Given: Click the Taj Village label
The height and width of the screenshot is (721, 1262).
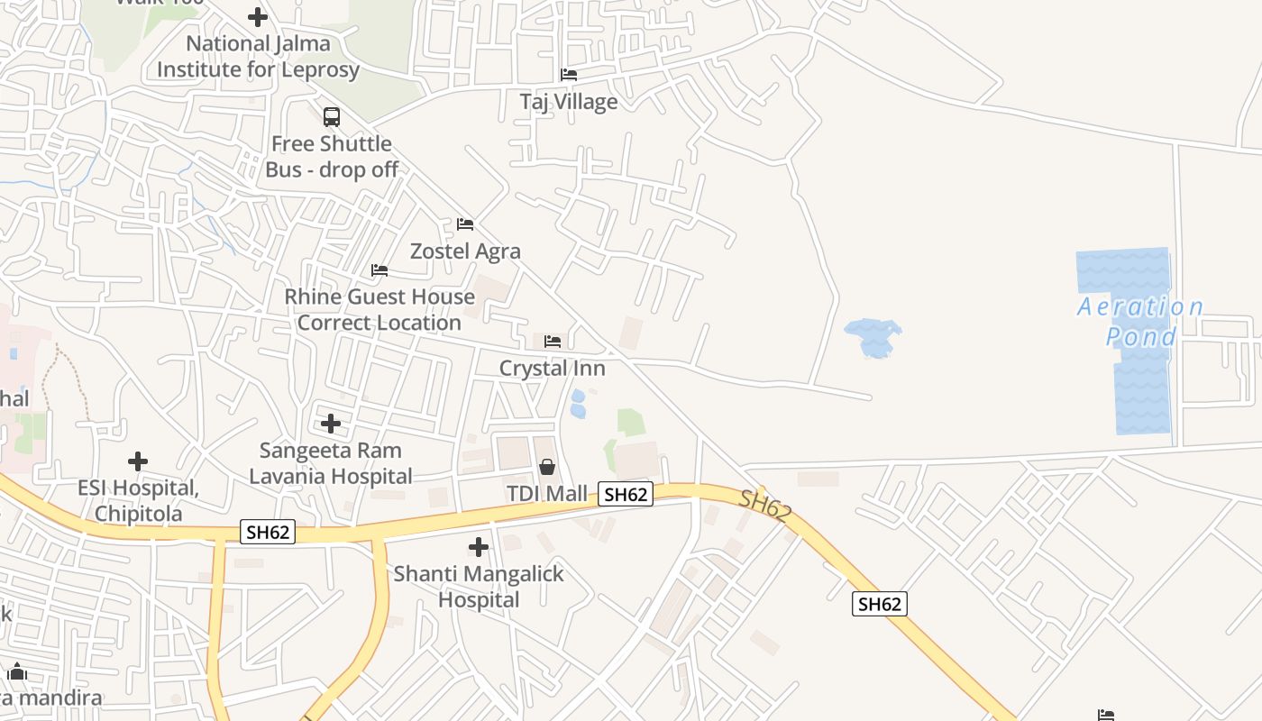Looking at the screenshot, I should [569, 102].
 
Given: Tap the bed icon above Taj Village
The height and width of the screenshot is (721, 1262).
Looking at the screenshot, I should [569, 75].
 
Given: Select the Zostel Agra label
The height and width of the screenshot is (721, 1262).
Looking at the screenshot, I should [465, 251].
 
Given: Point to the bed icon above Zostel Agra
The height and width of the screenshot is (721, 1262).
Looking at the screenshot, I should [465, 224].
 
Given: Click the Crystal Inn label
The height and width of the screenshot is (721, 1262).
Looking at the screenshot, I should [553, 369].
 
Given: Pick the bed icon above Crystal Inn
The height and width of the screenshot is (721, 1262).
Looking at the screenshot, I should [553, 342].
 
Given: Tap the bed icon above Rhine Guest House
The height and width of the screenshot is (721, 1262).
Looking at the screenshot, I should [380, 270].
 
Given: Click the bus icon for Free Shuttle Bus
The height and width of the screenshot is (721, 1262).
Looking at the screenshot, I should [332, 116].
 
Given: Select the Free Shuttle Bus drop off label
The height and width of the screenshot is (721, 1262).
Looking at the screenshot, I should [332, 157].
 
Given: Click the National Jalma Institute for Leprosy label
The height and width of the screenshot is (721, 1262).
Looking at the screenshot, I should [259, 57].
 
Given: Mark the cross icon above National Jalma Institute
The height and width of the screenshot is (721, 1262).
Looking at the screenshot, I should [258, 17].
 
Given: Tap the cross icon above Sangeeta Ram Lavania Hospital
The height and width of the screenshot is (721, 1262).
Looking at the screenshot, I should [331, 424].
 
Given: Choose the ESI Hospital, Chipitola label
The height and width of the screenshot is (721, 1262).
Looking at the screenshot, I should [138, 501].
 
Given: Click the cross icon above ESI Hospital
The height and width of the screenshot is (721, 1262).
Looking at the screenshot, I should [138, 462].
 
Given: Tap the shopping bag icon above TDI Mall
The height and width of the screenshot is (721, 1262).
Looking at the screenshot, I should [547, 467].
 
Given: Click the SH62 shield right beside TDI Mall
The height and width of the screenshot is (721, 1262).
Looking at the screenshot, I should [626, 494].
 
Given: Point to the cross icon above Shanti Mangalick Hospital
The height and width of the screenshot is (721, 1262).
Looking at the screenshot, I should [479, 547].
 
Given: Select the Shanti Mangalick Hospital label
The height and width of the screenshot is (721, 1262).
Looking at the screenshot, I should [479, 587].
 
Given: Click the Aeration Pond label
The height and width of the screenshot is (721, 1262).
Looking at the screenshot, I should [1141, 322].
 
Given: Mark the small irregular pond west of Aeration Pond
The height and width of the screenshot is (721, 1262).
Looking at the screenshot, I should [873, 337].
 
